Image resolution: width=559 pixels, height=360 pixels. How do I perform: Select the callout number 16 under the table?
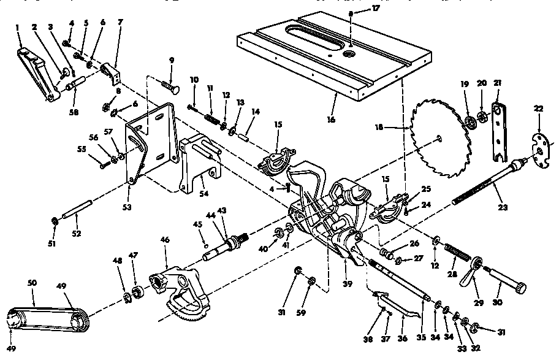click(332, 119)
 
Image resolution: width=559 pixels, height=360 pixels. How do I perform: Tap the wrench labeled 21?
click(500, 129)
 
